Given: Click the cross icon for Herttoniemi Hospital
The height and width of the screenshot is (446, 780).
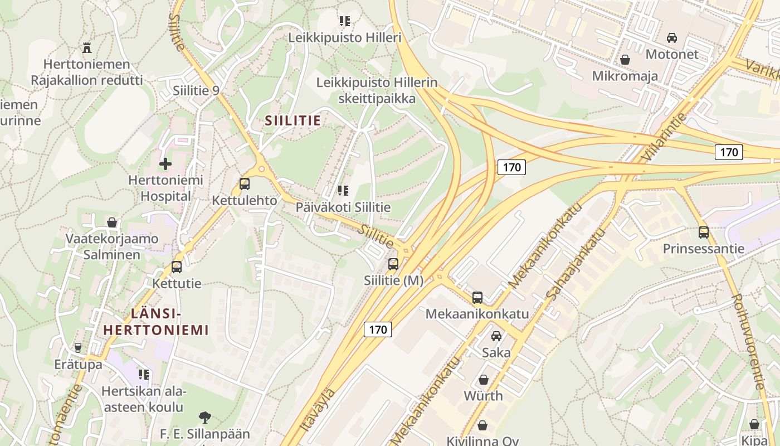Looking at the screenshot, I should [x=165, y=164].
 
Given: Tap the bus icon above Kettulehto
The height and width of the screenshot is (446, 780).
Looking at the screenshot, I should [x=244, y=183].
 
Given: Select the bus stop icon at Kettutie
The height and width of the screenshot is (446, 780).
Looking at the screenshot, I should [x=177, y=266].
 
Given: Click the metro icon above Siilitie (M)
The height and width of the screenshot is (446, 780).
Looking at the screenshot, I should [x=393, y=264].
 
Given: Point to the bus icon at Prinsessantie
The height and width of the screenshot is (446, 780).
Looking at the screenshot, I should [x=703, y=232].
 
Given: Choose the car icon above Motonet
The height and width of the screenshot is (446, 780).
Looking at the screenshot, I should [x=672, y=38].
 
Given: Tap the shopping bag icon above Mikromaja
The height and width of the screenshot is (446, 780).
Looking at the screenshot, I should [x=625, y=59].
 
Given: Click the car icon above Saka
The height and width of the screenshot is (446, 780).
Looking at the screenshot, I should [x=496, y=336].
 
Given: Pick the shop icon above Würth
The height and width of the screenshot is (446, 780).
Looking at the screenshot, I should [x=483, y=380].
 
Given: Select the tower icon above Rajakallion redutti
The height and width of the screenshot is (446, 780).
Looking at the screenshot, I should [x=86, y=48].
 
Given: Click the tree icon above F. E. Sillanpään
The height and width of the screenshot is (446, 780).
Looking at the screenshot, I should [x=205, y=416].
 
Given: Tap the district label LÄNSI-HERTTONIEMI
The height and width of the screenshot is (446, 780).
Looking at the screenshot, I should [x=156, y=322].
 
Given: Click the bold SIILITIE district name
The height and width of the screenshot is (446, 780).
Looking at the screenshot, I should [x=292, y=120].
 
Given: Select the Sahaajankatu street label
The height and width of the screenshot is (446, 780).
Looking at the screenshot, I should [x=576, y=265].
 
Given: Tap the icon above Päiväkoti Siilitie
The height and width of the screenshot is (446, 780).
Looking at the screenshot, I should [x=343, y=191].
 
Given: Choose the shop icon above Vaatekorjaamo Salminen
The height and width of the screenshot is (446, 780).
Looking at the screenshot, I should [x=112, y=222].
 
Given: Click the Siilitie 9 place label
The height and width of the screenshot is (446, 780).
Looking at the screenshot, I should [x=196, y=90].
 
